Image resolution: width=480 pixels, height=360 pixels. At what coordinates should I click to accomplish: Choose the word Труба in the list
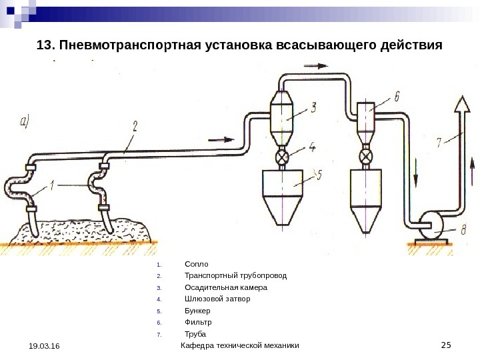(195, 334)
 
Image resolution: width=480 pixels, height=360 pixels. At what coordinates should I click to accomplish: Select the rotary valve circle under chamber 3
(283, 158)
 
